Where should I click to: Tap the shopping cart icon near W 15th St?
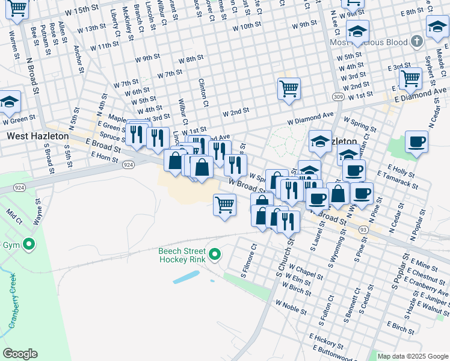coord(18,8)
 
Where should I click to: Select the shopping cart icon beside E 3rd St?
coord(410,77)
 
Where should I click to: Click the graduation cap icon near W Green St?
coord(10,102)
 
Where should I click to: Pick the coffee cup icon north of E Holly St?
coord(416,143)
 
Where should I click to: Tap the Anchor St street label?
coord(78,59)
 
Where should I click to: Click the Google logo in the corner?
coord(20,354)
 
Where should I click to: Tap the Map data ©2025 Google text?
coord(412,356)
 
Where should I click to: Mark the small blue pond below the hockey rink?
coord(186,277)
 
